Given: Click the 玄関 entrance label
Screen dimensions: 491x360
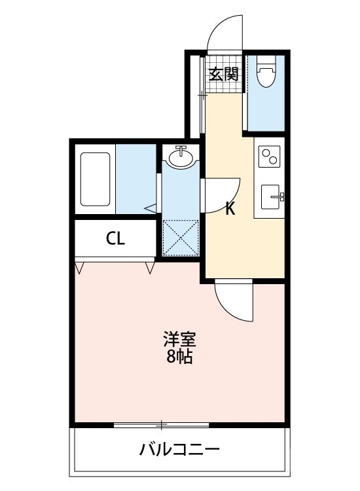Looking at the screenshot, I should (x=223, y=74).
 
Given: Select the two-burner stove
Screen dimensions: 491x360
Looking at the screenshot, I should (x=268, y=157).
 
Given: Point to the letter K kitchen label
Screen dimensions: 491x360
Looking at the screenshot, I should (x=230, y=209).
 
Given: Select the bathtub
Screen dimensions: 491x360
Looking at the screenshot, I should (x=96, y=179).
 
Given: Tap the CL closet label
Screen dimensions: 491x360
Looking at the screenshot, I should (x=115, y=239).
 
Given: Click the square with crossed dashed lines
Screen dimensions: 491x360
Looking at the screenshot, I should (x=179, y=238).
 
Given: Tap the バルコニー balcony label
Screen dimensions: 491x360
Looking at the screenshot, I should (x=179, y=450).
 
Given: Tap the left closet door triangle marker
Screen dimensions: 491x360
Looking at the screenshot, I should (x=80, y=268).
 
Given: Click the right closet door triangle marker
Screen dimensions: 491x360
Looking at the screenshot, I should (x=151, y=268).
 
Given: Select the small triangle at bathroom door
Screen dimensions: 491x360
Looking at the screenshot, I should (x=151, y=208).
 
